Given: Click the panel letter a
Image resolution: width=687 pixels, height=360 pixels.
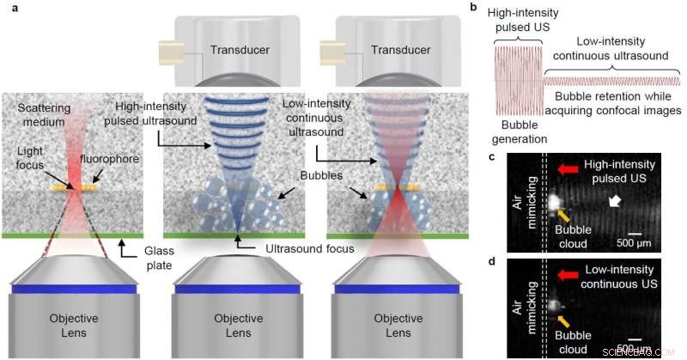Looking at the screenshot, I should coord(7,7).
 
